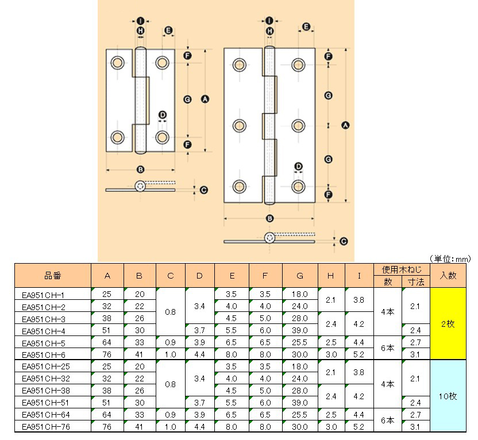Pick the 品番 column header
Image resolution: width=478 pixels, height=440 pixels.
52,276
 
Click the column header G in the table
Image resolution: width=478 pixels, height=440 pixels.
300,276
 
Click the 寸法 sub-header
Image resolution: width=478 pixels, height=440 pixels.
416,281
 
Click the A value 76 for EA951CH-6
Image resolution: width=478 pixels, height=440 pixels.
107,354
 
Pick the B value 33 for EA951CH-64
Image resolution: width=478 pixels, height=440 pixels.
139,414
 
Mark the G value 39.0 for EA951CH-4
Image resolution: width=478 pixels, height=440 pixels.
300,330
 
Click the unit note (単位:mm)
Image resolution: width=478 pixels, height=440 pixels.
450,259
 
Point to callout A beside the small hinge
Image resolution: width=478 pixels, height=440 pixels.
204,99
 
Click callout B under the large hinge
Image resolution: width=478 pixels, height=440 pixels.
269,218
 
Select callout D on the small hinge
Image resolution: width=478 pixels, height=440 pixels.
162,115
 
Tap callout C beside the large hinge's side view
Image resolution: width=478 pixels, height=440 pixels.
343,241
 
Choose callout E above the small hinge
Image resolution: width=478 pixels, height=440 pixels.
168,30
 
